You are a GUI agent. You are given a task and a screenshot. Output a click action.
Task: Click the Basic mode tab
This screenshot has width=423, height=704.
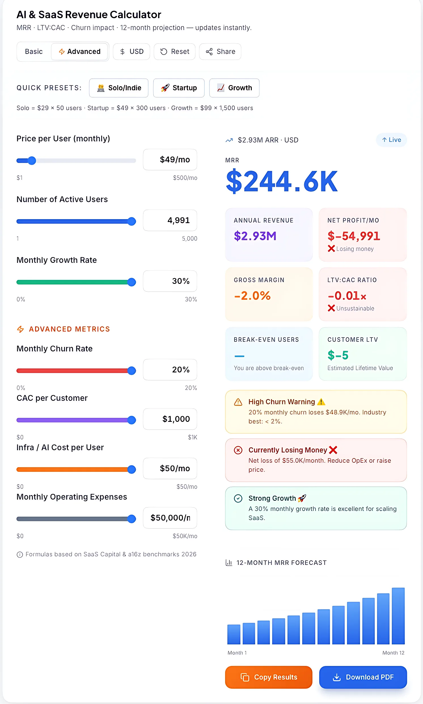(x=34, y=52)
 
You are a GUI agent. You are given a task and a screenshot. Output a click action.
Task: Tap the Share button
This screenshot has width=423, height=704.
(x=220, y=52)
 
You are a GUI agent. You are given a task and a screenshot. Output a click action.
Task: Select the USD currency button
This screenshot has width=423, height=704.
(x=131, y=52)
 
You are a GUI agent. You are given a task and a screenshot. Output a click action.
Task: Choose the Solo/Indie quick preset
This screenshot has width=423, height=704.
(x=119, y=88)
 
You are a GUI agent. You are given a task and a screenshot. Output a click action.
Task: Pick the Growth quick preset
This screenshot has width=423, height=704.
(x=234, y=88)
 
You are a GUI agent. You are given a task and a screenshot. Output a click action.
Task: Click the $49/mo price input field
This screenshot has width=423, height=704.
(x=170, y=160)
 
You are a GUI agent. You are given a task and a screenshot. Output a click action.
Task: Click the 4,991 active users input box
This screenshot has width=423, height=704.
(x=170, y=220)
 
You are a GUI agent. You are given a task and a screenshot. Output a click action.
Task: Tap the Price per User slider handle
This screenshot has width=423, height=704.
(x=32, y=161)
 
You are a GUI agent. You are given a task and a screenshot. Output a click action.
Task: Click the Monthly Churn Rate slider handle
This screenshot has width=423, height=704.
(x=131, y=371)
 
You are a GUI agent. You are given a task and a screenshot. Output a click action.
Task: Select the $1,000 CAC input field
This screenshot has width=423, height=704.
(x=170, y=419)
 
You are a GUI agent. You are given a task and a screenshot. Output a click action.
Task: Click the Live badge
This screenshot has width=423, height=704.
(x=391, y=140)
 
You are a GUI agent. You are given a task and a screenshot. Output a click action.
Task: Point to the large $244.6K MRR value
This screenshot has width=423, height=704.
(x=282, y=181)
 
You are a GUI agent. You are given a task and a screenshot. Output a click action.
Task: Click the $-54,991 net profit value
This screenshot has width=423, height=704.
(x=354, y=236)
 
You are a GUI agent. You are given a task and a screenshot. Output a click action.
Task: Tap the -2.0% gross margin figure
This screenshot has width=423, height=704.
(x=252, y=295)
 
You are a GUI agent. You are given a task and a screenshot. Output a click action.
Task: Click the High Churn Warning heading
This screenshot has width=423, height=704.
(x=282, y=402)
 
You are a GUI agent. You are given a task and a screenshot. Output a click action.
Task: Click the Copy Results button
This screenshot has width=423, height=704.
(x=268, y=677)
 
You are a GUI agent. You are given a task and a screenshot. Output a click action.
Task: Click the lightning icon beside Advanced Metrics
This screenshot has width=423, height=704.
(x=20, y=329)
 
